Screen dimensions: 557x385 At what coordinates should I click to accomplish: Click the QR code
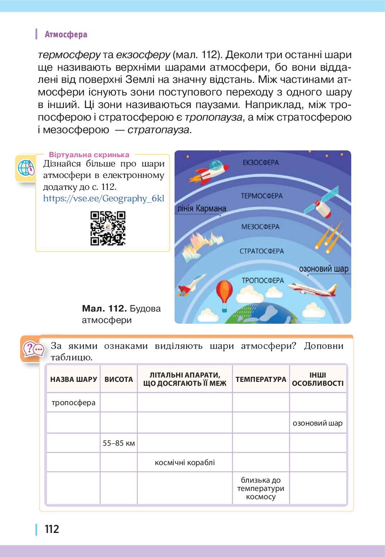point(108,228)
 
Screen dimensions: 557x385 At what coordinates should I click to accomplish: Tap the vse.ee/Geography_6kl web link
point(103,198)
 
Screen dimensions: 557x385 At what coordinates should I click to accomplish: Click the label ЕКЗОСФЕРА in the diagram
point(260,163)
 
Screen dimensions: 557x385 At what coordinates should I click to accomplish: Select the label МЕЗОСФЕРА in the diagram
point(260,227)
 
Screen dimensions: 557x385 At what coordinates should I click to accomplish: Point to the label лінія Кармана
point(201,209)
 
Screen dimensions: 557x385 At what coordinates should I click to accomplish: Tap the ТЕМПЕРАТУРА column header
point(261,379)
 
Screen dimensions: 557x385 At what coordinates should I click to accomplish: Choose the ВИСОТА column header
point(119,379)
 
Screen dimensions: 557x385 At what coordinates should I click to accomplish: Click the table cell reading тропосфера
point(74,402)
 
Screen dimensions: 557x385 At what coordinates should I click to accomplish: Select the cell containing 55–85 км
point(119,443)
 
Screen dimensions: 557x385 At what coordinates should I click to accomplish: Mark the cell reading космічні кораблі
point(185,462)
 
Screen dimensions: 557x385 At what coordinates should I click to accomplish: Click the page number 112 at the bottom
point(52,529)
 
